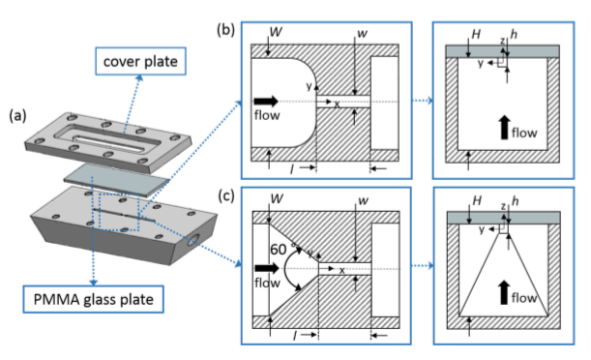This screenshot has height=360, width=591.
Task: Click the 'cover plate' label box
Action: pos(140,61)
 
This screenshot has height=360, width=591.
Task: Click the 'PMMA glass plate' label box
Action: pos(93,299)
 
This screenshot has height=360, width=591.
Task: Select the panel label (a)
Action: pos(17,116)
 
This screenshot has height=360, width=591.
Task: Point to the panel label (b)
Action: pos(225,29)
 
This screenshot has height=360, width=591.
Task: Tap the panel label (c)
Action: pos(226,196)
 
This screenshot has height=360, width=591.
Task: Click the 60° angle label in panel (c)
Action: pos(281,249)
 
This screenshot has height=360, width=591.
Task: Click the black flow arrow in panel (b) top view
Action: pos(266,101)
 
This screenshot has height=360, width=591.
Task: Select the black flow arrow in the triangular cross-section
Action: pos(504,292)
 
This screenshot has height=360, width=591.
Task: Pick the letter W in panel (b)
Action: pos(276,32)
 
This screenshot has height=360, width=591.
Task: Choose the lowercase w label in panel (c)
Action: pos(363,200)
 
